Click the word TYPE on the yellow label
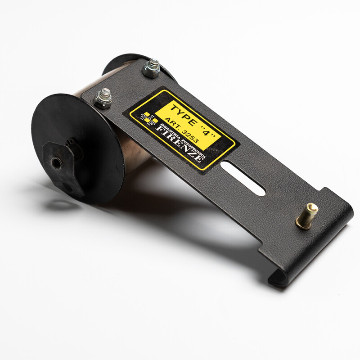pos(183,115)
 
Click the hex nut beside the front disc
pos(103,99)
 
